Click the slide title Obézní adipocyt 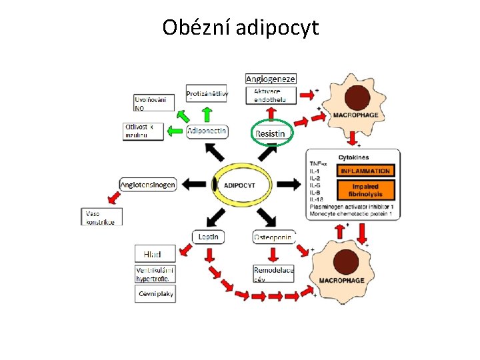pyautogui.click(x=241, y=27)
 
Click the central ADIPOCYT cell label pyautogui.click(x=239, y=185)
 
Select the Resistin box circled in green pyautogui.click(x=270, y=133)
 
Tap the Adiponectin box pyautogui.click(x=207, y=131)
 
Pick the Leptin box pyautogui.click(x=209, y=236)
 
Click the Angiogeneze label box pyautogui.click(x=271, y=79)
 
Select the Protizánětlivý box pyautogui.click(x=207, y=94)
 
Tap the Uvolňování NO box pyautogui.click(x=154, y=103)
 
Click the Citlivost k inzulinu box pyautogui.click(x=143, y=131)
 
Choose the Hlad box pyautogui.click(x=155, y=253)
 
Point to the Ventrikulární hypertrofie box pyautogui.click(x=155, y=274)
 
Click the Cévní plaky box pyautogui.click(x=155, y=293)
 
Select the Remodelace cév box pyautogui.click(x=273, y=274)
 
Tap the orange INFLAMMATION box pyautogui.click(x=365, y=171)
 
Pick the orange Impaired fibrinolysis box pyautogui.click(x=365, y=190)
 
